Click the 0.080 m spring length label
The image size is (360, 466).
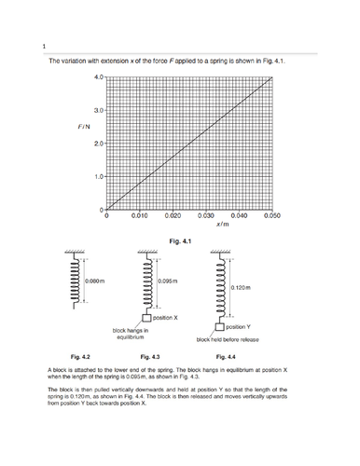tap(95, 281)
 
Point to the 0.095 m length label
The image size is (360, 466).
tap(169, 281)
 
